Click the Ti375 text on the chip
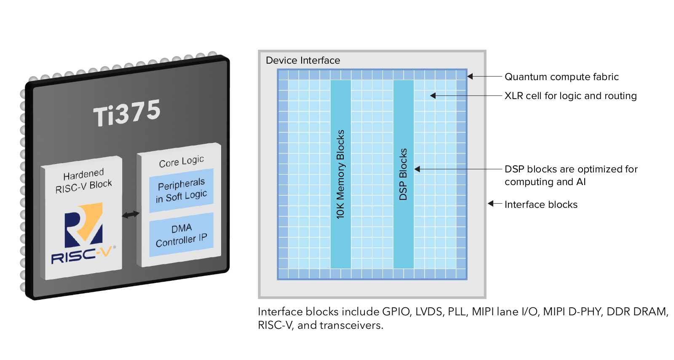[127, 113]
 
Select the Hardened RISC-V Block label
[83, 180]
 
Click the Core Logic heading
[181, 161]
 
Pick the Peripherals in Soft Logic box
[181, 191]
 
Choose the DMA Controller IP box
[181, 235]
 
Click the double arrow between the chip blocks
[131, 215]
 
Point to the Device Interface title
[303, 61]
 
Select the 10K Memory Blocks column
[340, 174]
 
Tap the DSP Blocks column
[403, 174]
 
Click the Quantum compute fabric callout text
[562, 77]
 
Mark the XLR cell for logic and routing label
[570, 96]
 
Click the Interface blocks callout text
[541, 204]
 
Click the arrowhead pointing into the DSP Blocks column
[417, 169]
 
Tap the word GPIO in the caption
[396, 312]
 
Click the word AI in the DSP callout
[581, 182]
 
